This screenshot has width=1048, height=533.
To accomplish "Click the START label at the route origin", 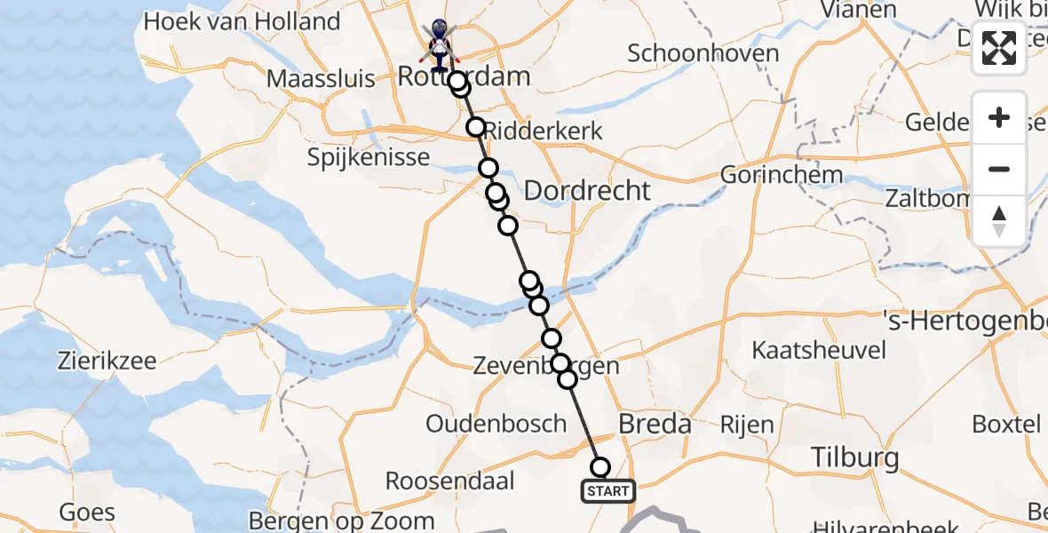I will pos(608,490).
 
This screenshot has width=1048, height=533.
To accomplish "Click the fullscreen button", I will pos(999,48).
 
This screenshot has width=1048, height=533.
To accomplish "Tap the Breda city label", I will pos(654,424).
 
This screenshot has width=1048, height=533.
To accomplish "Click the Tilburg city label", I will pos(854,458).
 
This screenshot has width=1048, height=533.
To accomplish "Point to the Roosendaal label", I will pos(450,481).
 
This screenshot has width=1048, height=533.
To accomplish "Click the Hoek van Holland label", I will pos(242,21).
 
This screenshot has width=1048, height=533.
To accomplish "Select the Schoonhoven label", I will pos(703,53).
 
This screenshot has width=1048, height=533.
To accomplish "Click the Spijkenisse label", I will pos(369,158).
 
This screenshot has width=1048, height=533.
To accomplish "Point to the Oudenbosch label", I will pos(496,424).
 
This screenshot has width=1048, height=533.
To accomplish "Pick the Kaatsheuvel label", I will pos(818,350).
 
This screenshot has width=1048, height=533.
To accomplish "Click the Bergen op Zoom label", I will pos(342,521).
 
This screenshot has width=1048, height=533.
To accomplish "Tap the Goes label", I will pos(87,512).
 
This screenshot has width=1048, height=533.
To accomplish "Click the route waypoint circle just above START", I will pos(600,467).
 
